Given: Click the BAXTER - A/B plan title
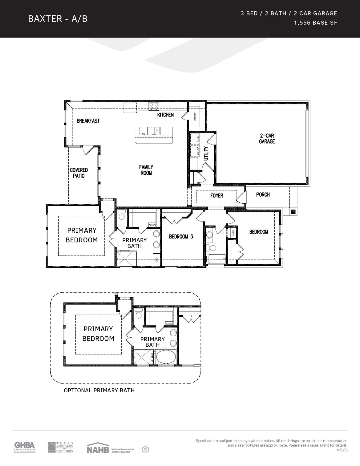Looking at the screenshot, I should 58,19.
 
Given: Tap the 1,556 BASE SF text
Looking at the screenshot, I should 315,23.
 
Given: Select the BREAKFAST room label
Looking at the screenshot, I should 88,121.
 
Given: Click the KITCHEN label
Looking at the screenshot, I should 165,115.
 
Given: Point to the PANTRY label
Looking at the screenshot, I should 195,116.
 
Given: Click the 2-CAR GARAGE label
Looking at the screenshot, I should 267,139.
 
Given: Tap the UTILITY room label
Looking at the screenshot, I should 206,154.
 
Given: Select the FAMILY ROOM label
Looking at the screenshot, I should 146,170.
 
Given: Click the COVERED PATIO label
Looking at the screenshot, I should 79,173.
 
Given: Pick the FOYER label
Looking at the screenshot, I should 216,196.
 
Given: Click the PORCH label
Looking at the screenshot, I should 263,194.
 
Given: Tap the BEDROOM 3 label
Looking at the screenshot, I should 181,237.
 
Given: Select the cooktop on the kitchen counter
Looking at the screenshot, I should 153,106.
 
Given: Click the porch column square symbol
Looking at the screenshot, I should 293,211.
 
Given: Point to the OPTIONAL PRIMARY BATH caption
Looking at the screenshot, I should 99,390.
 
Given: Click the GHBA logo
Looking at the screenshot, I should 25,447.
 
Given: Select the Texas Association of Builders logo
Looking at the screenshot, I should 60,447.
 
